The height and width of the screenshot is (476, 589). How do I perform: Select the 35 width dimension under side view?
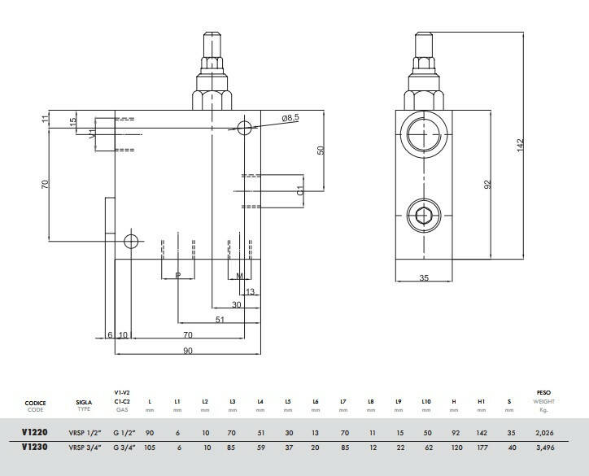[424, 278]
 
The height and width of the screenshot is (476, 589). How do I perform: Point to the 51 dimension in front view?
[219, 321]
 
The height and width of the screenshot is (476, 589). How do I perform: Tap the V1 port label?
[92, 131]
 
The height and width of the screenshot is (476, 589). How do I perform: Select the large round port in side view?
[423, 133]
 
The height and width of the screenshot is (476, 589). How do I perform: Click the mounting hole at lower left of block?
[129, 241]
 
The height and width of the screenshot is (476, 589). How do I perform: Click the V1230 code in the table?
[35, 448]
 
